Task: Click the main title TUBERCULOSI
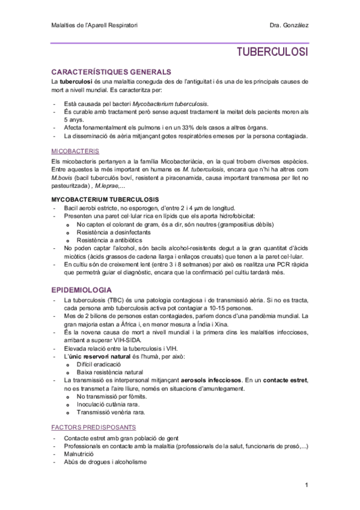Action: coord(272,52)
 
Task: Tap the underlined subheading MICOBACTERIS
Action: coord(75,151)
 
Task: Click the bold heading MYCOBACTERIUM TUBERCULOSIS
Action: coord(105,198)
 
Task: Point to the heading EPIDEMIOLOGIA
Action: coord(82,289)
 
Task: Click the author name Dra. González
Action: coord(290,25)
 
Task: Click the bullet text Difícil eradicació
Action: coord(99,364)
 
